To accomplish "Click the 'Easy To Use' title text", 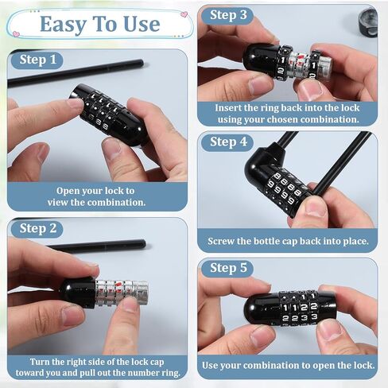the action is (x=100, y=25).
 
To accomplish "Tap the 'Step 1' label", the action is (x=38, y=60).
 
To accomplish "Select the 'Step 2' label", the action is (x=38, y=228).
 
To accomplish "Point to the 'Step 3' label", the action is (x=228, y=15).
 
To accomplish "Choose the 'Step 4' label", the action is (x=228, y=142).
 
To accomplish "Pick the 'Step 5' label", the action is (x=228, y=268).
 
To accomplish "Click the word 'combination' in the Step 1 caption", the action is (x=116, y=203).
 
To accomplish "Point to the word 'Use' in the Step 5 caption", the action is (x=210, y=366).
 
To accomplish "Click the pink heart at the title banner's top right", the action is (x=184, y=14).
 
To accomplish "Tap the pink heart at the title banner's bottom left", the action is (x=16, y=33).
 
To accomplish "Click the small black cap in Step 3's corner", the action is (x=368, y=23).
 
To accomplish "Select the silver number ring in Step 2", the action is (x=121, y=293).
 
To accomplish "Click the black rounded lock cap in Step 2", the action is (x=78, y=293).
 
